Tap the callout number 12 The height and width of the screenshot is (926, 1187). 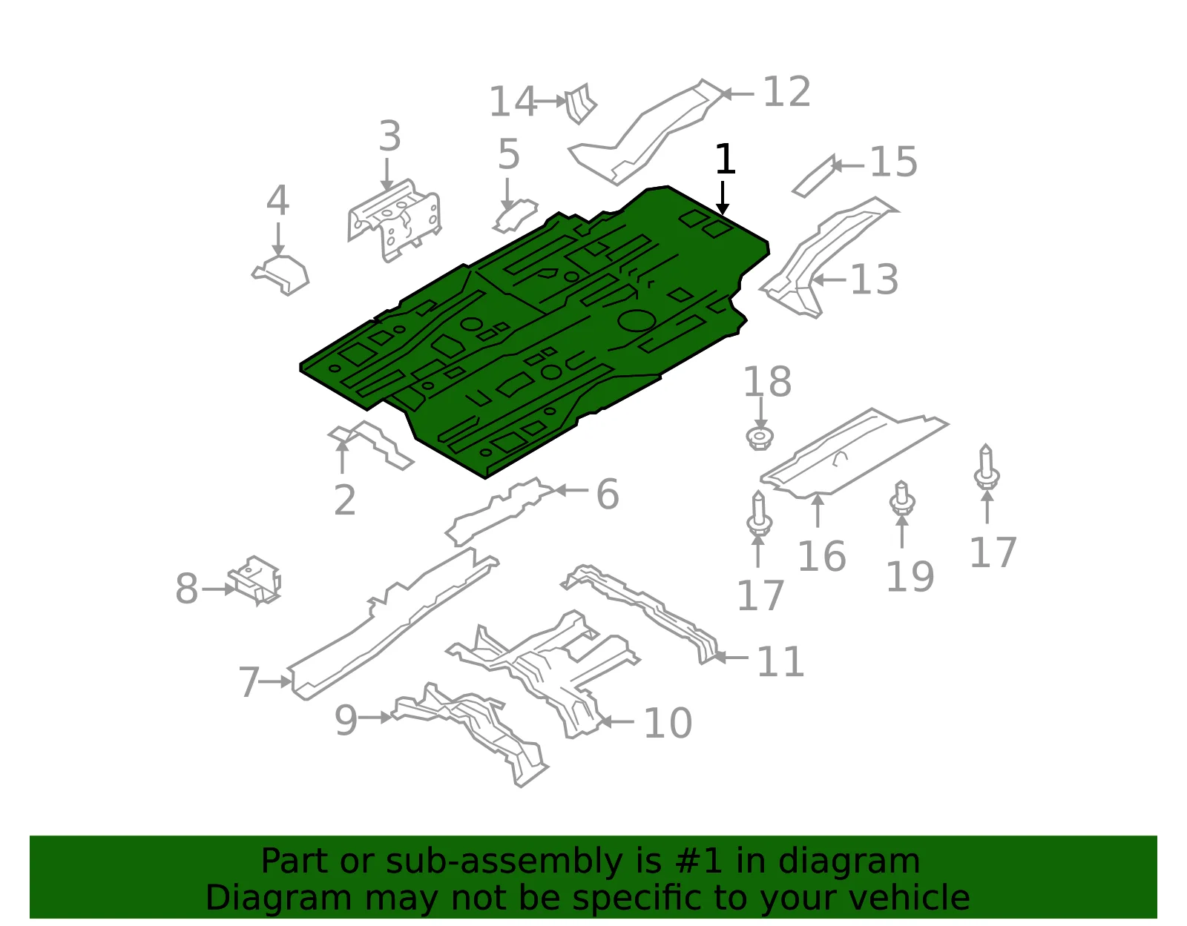pos(786,92)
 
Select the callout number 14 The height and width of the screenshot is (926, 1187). pos(513,102)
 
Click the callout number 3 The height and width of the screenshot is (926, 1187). pos(390,136)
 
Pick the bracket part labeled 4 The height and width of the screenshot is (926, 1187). pos(280,274)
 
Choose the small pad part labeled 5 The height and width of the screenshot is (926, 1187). pos(515,216)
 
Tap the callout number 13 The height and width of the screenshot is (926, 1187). pos(874,280)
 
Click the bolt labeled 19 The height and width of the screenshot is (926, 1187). pos(902,497)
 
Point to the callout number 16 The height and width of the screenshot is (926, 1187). pos(822,556)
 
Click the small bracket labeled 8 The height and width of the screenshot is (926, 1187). pos(254,581)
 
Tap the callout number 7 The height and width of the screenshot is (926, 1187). pos(249,682)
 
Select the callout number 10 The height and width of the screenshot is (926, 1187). pos(668,723)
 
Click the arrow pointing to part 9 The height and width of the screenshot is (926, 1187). pos(375,717)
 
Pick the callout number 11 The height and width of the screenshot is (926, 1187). pos(780,661)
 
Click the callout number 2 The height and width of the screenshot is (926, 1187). pos(345,500)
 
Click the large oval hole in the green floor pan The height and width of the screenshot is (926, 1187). pos(637,320)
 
